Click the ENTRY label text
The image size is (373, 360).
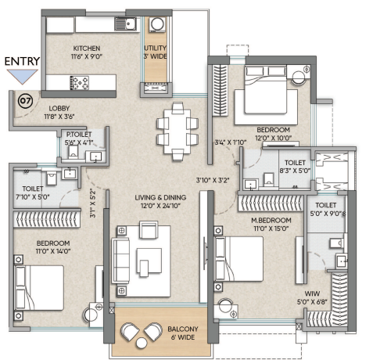click(22, 61)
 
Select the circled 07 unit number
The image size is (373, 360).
click(26, 101)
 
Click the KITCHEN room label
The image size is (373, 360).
click(87, 49)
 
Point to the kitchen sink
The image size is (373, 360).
click(125, 24)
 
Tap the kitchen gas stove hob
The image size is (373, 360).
click(79, 83)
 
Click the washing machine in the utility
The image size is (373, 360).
click(157, 24)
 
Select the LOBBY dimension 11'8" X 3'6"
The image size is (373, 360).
click(59, 117)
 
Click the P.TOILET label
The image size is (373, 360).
click(79, 135)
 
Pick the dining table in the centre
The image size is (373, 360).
click(177, 131)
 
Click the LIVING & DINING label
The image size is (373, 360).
click(160, 197)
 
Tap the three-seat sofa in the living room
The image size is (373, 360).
click(120, 261)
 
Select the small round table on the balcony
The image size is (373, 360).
click(142, 343)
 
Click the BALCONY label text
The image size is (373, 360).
click(183, 329)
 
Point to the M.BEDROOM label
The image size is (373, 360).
click(271, 221)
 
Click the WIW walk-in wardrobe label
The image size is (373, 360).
click(312, 293)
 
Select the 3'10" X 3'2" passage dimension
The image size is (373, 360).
click(213, 180)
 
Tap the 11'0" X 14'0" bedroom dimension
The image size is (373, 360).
click(53, 251)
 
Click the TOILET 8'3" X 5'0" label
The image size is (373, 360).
click(295, 167)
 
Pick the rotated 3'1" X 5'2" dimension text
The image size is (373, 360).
click(93, 203)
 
